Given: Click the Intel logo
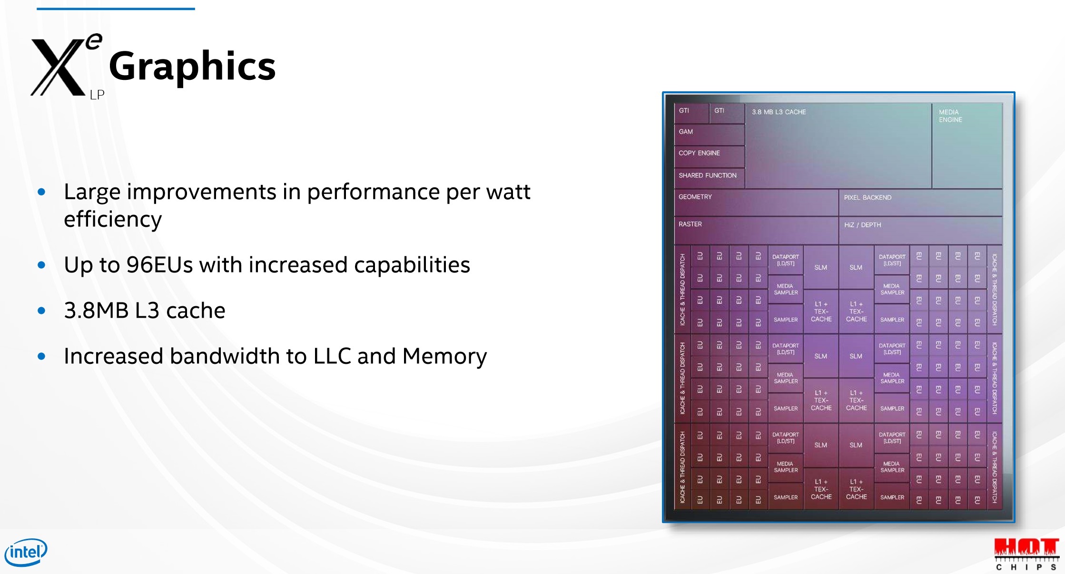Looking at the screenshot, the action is point(26,552).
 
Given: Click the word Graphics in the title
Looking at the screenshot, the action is point(192,66).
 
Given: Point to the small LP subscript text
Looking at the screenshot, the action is point(97,95).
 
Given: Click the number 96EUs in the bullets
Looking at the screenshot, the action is point(159,265).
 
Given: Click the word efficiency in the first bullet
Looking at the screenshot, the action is point(113,220).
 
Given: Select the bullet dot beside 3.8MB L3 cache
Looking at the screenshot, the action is point(41,311).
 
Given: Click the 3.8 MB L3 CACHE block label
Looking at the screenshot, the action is point(779,112).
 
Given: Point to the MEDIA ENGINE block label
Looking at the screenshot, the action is point(950,116).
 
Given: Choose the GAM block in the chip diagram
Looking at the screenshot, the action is point(709,135).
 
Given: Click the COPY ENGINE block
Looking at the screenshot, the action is point(709,156).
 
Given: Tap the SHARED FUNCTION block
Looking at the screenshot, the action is point(709,177).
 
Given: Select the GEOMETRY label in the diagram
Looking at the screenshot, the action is point(695,197).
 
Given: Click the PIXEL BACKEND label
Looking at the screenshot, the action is point(868,197).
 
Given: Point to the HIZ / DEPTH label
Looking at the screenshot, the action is point(862,225).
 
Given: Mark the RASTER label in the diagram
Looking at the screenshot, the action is point(690,224).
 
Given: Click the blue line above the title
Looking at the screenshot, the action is point(116,9).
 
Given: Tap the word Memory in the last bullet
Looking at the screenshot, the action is point(444,357).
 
